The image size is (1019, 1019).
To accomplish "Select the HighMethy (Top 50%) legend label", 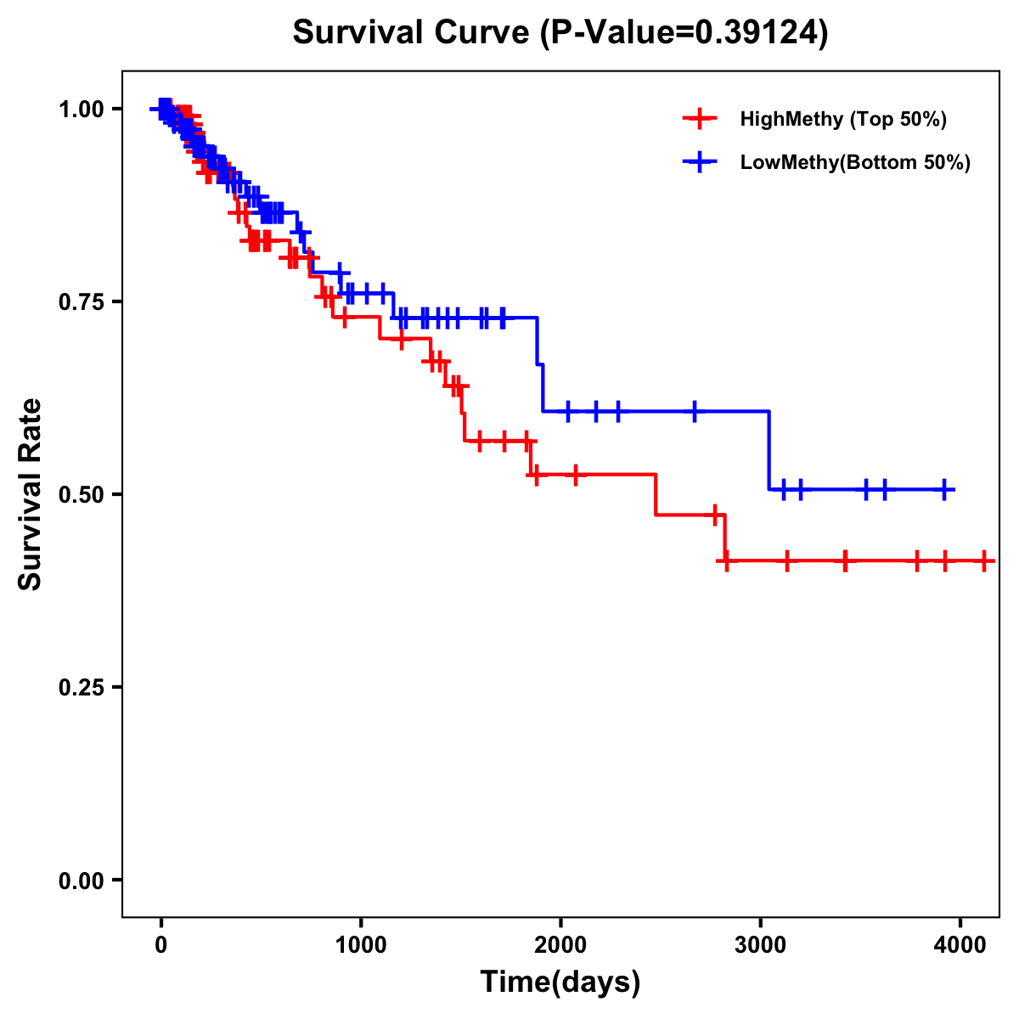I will coord(842,119).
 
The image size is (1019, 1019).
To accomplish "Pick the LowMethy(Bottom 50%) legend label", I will coord(855,162).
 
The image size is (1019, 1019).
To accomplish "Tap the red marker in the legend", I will coord(699,119).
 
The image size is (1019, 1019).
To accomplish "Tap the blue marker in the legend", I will coord(699,162).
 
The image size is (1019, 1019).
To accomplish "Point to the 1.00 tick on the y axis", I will coord(81,109).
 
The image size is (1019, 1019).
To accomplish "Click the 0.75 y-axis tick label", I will coord(81,301).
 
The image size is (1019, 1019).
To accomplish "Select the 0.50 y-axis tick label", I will coord(81,494).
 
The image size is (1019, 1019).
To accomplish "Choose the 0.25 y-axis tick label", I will coord(81,687).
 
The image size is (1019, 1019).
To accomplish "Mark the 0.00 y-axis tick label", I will coord(81,880).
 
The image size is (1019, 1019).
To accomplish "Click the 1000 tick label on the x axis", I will coord(361,945).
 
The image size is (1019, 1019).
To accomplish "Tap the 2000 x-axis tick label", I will coord(560,945).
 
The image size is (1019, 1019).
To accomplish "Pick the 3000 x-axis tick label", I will coord(760,945).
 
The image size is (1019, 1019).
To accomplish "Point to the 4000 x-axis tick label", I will coord(960,945).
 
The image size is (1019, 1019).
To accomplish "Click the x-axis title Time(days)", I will coord(560,982).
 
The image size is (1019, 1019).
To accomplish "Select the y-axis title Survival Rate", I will coord(31,494).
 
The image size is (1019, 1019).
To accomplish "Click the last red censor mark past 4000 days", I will coord(983,560).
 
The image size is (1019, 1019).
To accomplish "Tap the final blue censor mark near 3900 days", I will coord(944,489).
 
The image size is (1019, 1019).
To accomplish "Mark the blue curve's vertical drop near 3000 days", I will coord(769,450).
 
